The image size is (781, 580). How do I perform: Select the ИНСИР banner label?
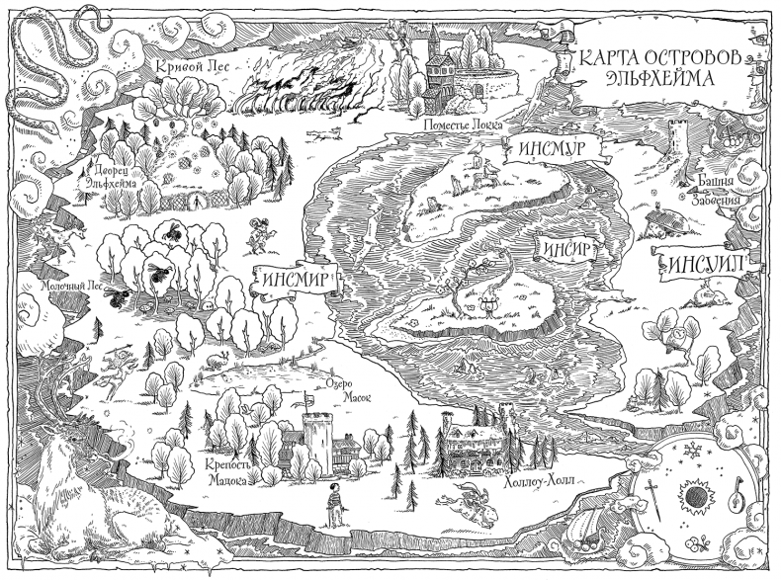click(x=564, y=247)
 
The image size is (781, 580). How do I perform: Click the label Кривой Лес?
click(x=193, y=67)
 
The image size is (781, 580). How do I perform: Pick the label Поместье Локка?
click(x=463, y=125)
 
